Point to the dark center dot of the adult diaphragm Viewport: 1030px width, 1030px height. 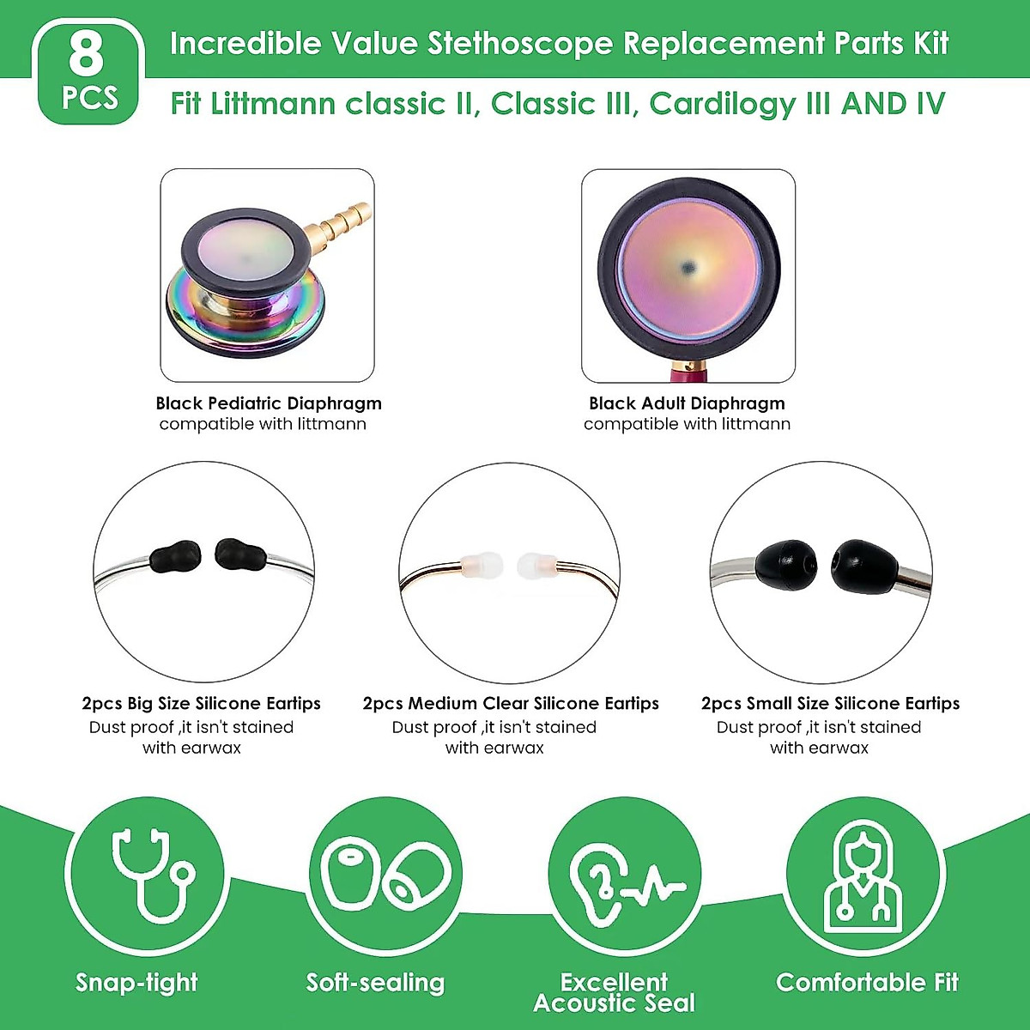click(x=688, y=269)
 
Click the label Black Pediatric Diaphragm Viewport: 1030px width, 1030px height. click(x=269, y=403)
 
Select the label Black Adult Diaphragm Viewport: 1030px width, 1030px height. click(x=687, y=403)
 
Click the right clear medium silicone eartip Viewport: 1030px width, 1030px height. click(x=534, y=564)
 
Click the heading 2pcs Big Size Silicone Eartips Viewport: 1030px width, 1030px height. click(x=201, y=704)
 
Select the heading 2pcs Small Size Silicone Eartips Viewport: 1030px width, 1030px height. click(x=830, y=704)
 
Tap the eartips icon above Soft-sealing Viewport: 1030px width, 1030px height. click(x=385, y=875)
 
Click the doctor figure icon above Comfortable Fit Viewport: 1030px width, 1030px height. click(x=863, y=875)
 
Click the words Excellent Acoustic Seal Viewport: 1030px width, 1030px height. click(x=615, y=993)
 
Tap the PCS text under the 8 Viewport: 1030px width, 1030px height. click(x=89, y=98)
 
